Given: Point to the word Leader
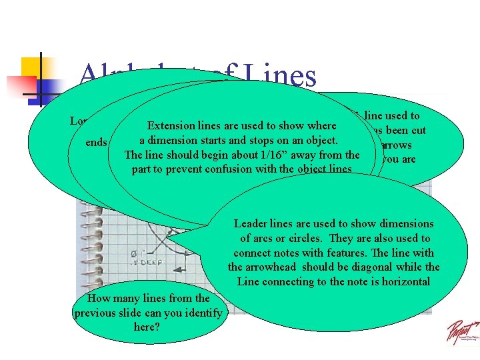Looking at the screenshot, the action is [x=251, y=224].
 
